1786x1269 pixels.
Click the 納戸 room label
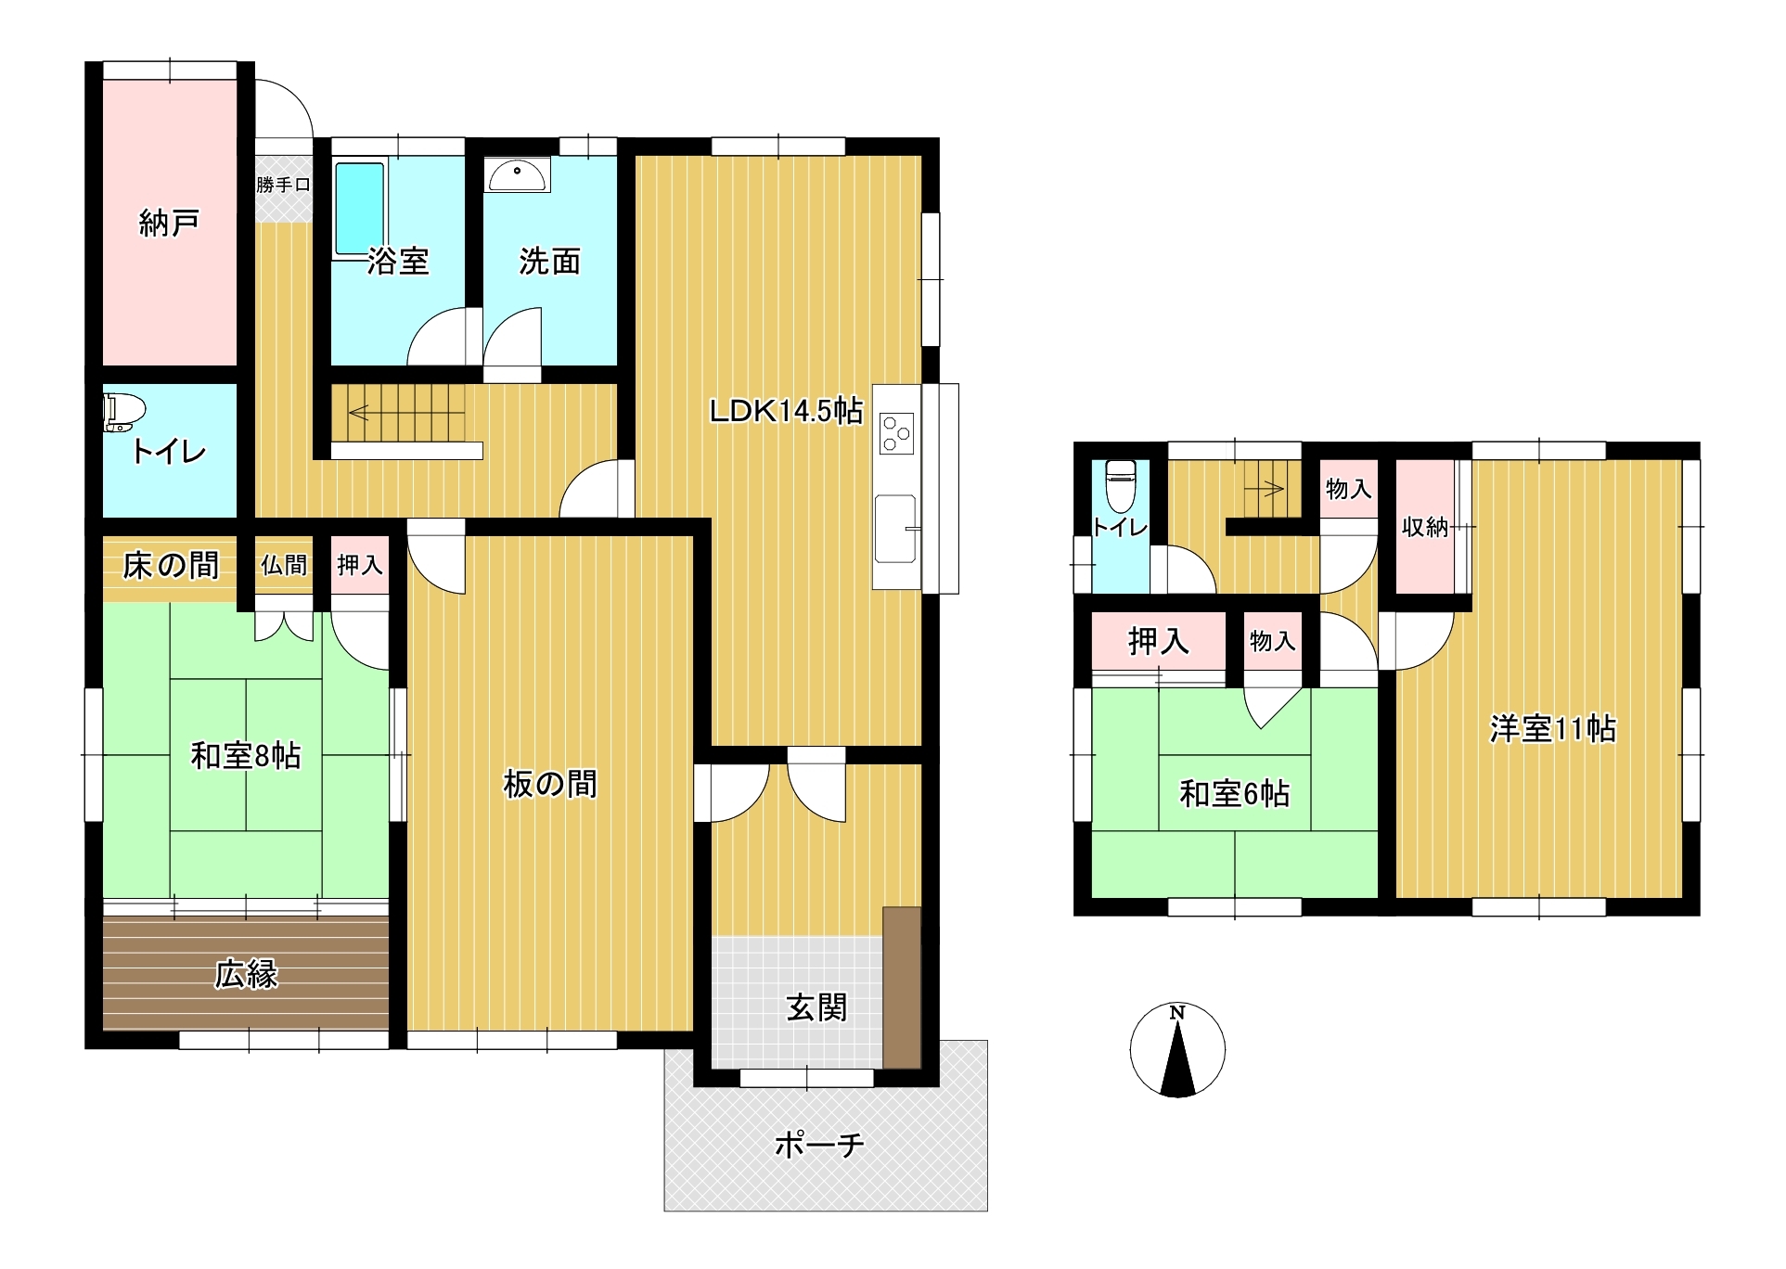coord(169,223)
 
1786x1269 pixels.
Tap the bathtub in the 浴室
coord(359,208)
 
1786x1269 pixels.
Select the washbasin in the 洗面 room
coord(517,175)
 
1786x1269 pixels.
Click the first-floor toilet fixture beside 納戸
coord(124,411)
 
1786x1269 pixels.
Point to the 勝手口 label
coord(283,185)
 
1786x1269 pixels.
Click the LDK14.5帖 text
coord(786,410)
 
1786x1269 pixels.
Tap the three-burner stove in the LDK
coord(897,433)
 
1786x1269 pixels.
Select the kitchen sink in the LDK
coord(894,529)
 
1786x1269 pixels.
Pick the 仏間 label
coord(283,565)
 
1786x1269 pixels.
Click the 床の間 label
coord(171,565)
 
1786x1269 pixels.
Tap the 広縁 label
coord(246,974)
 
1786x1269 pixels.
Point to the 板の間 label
coord(549,785)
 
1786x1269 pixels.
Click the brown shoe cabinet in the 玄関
coord(901,987)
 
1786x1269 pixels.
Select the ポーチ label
coord(818,1145)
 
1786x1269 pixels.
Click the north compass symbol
coord(1177,1050)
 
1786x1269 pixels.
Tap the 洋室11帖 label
coord(1552,729)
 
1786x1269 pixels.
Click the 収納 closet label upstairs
coord(1424,527)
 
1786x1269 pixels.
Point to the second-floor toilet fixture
coord(1121,485)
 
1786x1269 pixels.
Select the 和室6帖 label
coord(1234,794)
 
